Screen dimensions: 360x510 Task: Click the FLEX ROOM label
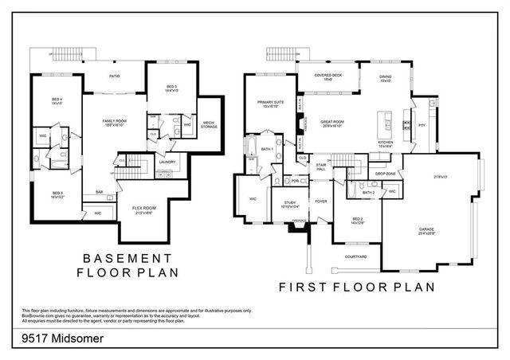click(143, 209)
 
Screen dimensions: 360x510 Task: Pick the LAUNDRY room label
click(167, 162)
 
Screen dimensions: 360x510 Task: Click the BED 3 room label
click(58, 194)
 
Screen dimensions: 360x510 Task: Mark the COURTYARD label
click(355, 256)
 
